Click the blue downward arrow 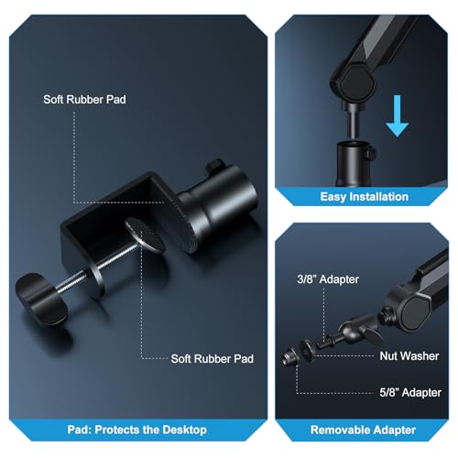pos(397,116)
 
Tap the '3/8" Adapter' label pos(328,279)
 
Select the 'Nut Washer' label pos(409,356)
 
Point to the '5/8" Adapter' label pos(410,393)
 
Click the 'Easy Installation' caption pos(365,197)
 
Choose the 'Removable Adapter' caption pos(363,430)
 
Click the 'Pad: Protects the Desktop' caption pos(137,430)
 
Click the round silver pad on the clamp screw pos(146,234)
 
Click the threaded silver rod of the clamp pos(101,267)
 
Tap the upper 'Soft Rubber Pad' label pos(84,100)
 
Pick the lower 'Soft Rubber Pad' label pos(213,359)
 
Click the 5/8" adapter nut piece pos(290,356)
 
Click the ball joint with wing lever pos(355,332)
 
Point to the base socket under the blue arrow pos(355,163)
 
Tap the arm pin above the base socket pos(352,122)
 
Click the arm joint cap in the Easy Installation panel pos(357,81)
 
